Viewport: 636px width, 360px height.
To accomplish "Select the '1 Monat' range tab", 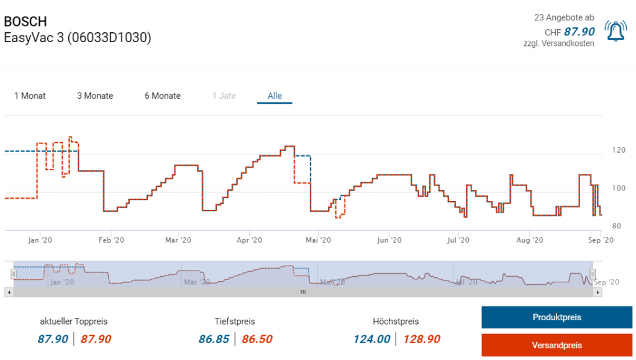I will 30,96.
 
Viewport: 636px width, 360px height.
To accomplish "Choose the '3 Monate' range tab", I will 95,96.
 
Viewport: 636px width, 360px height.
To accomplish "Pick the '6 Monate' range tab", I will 163,96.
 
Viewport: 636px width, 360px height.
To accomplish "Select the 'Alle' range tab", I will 275,96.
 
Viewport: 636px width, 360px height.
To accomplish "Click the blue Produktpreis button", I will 556,317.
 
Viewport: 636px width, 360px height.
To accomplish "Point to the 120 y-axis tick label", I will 619,150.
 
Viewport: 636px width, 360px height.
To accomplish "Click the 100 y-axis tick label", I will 619,188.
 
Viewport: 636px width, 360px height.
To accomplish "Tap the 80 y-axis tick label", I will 616,226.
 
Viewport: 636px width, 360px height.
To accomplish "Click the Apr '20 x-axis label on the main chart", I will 248,240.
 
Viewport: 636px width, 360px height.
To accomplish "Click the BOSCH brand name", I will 25,22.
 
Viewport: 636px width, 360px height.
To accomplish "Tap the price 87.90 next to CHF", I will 579,32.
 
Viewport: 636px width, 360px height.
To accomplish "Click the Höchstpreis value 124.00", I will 372,339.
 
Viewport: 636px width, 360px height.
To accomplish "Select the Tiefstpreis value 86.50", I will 256,339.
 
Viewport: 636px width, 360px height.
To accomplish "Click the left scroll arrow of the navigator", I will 7,291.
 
